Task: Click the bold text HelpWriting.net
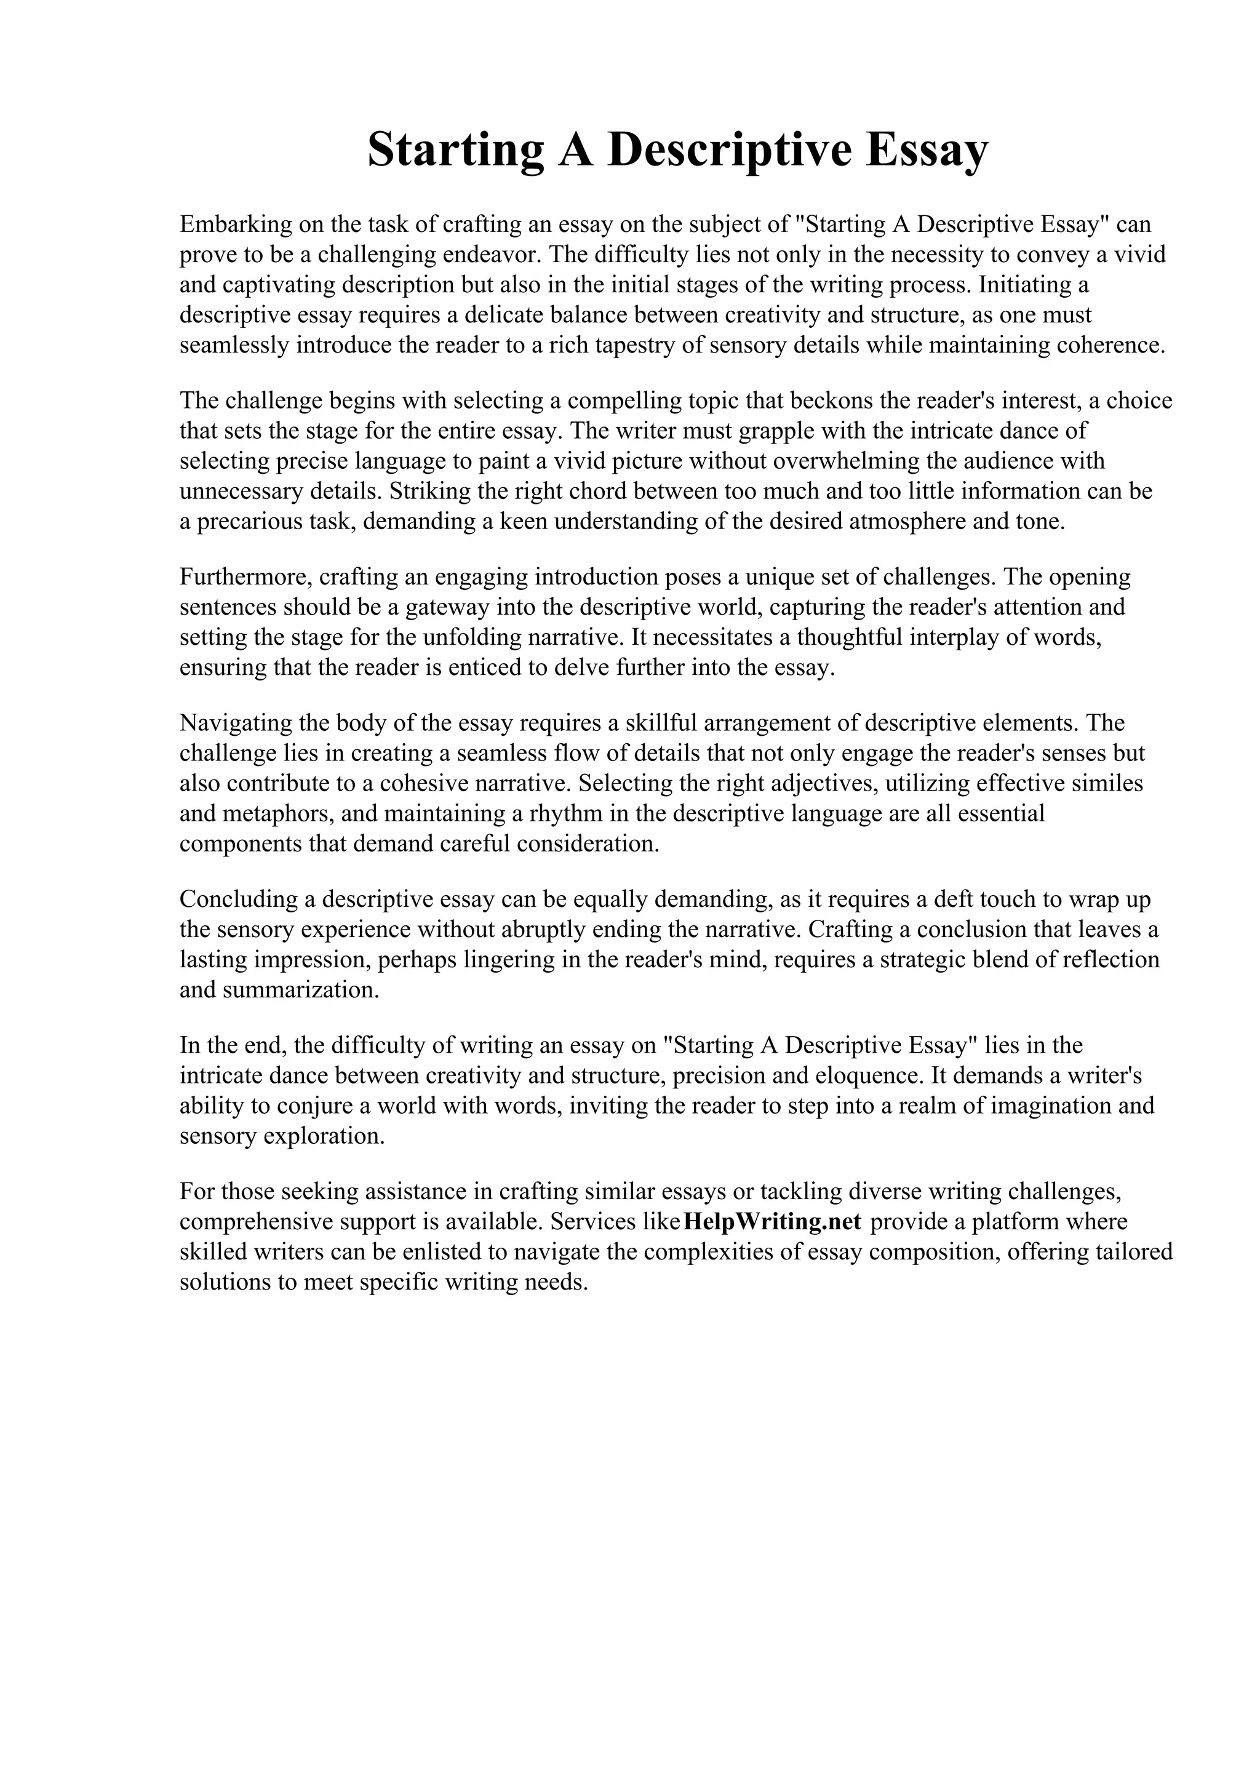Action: pos(773,1221)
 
